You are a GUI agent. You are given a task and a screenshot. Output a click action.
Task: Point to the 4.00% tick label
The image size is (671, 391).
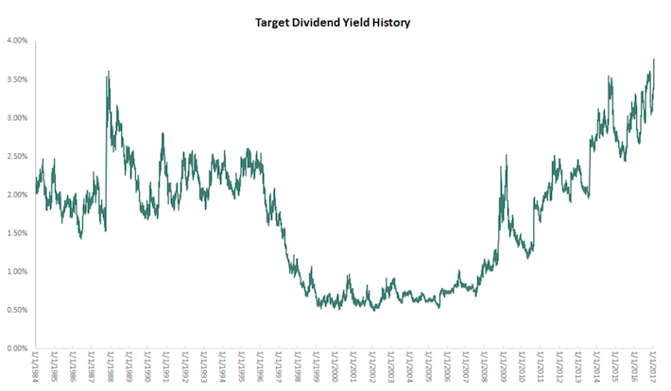17,41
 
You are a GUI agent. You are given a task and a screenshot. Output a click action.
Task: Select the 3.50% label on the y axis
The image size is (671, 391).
17,79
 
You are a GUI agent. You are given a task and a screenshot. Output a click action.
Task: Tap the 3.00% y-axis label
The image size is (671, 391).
17,118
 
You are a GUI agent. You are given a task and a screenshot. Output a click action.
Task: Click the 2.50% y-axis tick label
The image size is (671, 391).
17,156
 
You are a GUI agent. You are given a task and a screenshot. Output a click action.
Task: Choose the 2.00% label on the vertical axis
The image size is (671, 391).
17,195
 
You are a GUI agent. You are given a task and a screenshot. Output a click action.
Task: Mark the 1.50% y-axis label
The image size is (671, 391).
17,233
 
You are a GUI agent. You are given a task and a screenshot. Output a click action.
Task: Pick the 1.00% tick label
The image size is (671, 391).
17,271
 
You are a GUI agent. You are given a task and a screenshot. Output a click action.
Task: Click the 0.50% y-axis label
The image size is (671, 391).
17,310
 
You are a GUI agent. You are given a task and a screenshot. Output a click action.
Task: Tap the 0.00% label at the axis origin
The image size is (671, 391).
17,348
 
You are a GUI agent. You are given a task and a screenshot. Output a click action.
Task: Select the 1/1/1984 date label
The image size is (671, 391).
37,368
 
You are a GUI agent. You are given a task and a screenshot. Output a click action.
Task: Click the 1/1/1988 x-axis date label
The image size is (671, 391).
112,368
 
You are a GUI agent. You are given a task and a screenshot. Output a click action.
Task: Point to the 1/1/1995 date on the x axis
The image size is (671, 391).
242,368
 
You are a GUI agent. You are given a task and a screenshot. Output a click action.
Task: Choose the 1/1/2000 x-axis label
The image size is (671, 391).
335,368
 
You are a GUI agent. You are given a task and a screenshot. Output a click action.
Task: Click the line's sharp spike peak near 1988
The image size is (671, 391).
109,72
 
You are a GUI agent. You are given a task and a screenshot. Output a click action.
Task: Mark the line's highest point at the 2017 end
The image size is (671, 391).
654,59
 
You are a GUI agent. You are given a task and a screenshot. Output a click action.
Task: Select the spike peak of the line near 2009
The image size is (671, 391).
507,155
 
